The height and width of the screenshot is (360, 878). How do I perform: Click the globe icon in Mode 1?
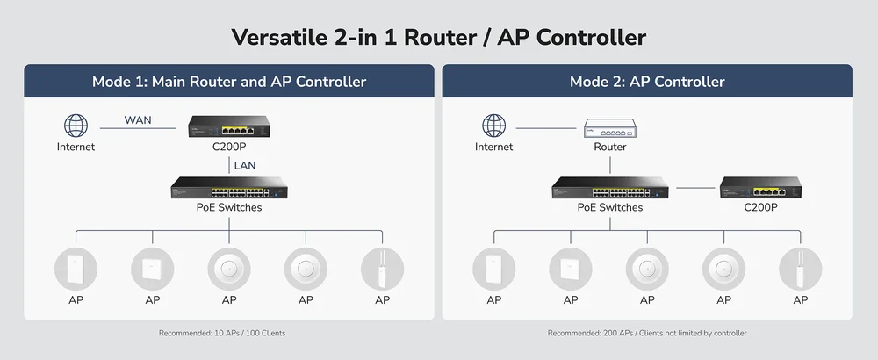(x=76, y=126)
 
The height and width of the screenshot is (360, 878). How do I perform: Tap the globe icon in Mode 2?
(x=494, y=126)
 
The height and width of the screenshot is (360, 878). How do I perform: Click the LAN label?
(x=245, y=164)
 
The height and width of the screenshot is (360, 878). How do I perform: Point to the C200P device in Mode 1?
(x=229, y=127)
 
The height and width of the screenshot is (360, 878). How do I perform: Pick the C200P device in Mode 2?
(x=760, y=188)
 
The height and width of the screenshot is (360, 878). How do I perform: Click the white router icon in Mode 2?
(x=610, y=128)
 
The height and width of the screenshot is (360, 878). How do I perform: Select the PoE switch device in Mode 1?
(x=229, y=188)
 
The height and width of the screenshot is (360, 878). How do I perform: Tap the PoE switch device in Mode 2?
(x=610, y=188)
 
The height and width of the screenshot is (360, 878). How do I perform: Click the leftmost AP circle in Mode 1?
(x=76, y=269)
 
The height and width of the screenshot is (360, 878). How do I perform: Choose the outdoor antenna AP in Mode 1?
(x=382, y=269)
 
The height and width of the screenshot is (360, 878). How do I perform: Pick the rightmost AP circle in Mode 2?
(x=800, y=269)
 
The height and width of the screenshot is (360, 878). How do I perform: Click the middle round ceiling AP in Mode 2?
(x=647, y=269)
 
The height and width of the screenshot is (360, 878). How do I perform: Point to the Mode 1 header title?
(x=229, y=82)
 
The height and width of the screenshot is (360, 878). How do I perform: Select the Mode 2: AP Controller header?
(x=647, y=82)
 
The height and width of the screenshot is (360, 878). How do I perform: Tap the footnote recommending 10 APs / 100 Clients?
(x=222, y=334)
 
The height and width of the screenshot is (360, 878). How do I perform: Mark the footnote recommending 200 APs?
(x=647, y=334)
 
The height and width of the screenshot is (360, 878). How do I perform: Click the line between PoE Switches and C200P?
(x=695, y=188)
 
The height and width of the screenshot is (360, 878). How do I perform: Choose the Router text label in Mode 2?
(x=610, y=148)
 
